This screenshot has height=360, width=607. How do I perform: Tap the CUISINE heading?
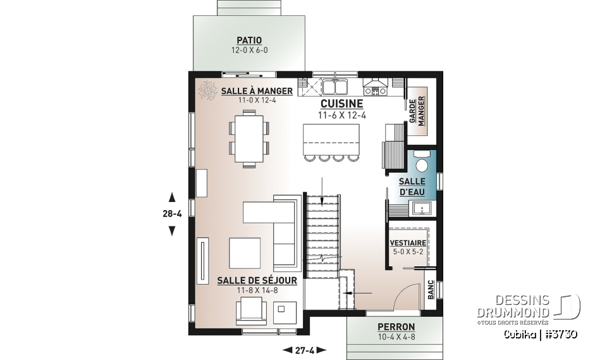pyautogui.click(x=341, y=104)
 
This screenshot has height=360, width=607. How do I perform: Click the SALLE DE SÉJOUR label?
pyautogui.click(x=248, y=280)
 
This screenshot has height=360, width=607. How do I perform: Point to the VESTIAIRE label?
pyautogui.click(x=407, y=242)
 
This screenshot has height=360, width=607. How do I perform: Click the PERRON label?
pyautogui.click(x=396, y=327)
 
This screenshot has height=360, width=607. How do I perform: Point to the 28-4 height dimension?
pyautogui.click(x=171, y=214)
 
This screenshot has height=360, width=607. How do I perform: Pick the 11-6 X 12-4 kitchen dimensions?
pyautogui.click(x=341, y=115)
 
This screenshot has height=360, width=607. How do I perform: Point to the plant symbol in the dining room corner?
pyautogui.click(x=207, y=90)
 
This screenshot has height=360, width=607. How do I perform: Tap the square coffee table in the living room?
pyautogui.click(x=245, y=252)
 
